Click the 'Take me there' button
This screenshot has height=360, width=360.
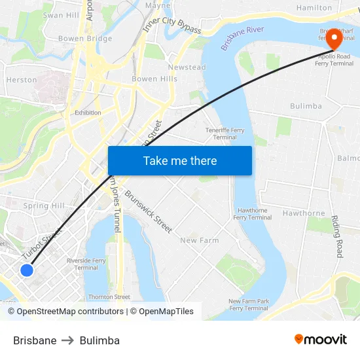pos(179,161)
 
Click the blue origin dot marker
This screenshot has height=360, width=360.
pos(27,270)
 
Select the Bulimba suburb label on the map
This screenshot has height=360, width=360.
pos(306,105)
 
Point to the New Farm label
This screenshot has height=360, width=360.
pos(199,240)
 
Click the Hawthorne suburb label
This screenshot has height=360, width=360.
pos(304,213)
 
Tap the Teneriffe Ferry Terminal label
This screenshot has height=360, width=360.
pos(225,134)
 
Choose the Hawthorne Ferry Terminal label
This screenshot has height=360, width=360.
pos(252,213)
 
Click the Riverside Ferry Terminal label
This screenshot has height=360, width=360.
pos(86,264)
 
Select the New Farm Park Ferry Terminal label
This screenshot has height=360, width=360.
pos(249,304)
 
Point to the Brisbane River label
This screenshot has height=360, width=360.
pos(242,39)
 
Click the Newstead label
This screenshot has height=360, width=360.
pos(187,67)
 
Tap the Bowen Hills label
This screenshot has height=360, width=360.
pos(154,79)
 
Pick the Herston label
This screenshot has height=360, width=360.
pos(21,80)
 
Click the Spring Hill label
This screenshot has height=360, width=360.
pos(45,206)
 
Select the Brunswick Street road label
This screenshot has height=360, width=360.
pos(148,212)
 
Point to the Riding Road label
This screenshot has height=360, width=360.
pos(338,236)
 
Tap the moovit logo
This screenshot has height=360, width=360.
pos(321,340)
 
